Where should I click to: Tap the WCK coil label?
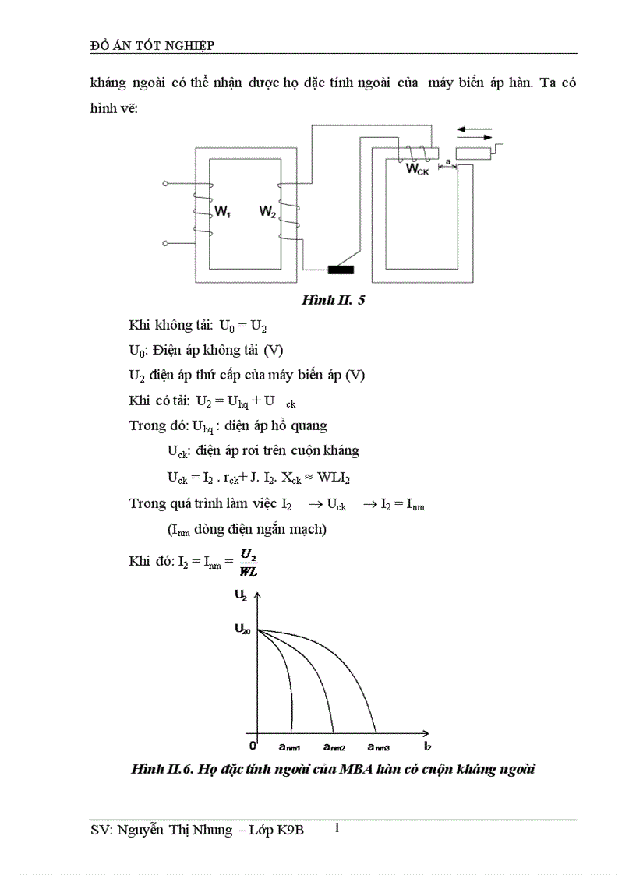pos(418,169)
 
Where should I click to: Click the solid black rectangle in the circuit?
pos(340,270)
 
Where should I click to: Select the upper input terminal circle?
pos(165,184)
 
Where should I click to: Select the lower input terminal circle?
pos(165,243)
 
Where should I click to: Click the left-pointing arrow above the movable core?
pos(472,129)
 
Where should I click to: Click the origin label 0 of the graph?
pos(252,735)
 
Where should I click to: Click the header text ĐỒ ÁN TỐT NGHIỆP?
pos(153,45)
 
